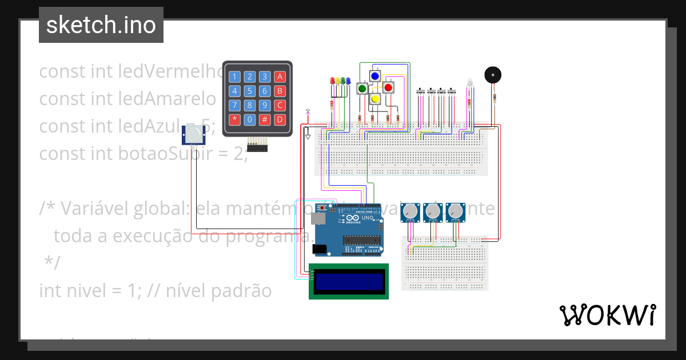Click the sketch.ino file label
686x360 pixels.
click(101, 25)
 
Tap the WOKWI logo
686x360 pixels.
click(607, 315)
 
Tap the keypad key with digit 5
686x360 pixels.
click(249, 91)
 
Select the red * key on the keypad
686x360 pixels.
click(234, 120)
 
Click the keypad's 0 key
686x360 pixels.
click(249, 120)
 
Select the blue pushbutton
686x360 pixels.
click(375, 76)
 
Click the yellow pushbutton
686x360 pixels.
click(375, 99)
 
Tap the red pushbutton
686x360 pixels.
click(388, 87)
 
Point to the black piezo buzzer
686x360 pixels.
click(492, 75)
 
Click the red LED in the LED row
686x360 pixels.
click(333, 82)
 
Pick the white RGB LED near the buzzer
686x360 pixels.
click(469, 83)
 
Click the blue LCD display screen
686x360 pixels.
click(349, 281)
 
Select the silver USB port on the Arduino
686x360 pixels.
click(317, 218)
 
